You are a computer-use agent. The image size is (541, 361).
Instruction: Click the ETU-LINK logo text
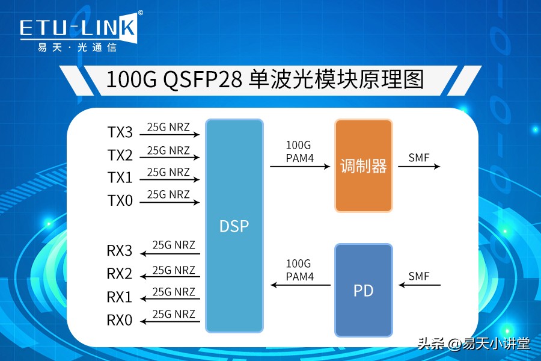pos(78,28)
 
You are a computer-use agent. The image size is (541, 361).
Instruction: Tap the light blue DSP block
pos(234,226)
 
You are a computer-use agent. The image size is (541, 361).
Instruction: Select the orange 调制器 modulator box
pos(363,166)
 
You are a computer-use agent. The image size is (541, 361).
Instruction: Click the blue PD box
pos(363,290)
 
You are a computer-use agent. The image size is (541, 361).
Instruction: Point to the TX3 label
pos(120,132)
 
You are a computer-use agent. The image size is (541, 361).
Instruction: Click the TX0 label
pos(120,200)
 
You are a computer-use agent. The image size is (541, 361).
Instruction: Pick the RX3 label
pos(120,251)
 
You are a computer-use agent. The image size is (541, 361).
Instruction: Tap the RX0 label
pos(120,320)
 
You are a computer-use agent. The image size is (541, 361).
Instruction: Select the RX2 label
pos(120,274)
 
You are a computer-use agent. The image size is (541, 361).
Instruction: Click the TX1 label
pos(120,178)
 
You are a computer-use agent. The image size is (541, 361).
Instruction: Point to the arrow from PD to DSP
pos(301,285)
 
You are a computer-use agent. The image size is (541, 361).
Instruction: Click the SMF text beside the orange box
pos(419,158)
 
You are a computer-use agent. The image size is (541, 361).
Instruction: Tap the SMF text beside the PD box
pos(419,276)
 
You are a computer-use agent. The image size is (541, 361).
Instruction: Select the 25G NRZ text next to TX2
pos(168,150)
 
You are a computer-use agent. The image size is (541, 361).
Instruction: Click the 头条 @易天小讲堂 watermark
pos(474,344)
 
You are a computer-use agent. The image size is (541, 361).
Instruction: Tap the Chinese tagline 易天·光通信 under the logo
pos(77,48)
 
